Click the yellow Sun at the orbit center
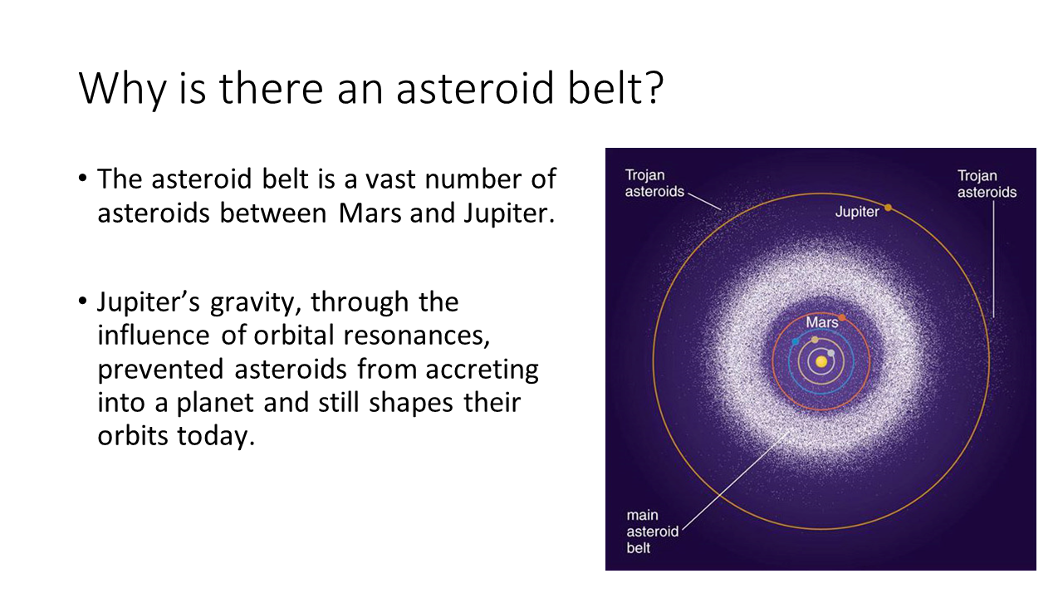[x=821, y=361]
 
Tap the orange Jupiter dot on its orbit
[x=888, y=208]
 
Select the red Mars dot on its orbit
[x=842, y=317]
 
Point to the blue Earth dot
[x=796, y=341]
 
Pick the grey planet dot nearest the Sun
[x=831, y=353]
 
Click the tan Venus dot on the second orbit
[x=815, y=340]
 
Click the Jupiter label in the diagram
[x=857, y=212]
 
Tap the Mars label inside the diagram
[x=822, y=322]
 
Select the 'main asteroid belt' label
[x=652, y=532]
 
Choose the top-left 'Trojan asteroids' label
[x=654, y=184]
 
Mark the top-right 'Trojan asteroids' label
[x=987, y=184]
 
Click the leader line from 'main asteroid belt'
[x=736, y=483]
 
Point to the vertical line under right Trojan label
[x=994, y=260]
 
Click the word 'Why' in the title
[x=122, y=89]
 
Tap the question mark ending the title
[x=655, y=88]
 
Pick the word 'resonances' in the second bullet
[x=416, y=336]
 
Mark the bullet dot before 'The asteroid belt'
[x=83, y=179]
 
